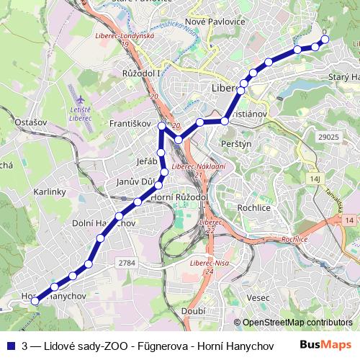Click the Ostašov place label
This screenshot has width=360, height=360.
pos(30,122)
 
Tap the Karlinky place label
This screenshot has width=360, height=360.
pos(49,192)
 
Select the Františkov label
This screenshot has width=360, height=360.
pos(130,124)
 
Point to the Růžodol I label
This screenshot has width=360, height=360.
pos(141,73)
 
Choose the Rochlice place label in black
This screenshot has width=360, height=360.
pos(252,207)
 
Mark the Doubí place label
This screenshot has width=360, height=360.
pos(194,311)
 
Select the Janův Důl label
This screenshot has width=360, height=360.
pos(136,182)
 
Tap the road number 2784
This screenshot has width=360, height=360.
pos(127,264)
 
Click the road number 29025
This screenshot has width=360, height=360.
pos(328,136)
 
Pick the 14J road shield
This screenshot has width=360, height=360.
pos(315,177)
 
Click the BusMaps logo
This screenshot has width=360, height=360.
pos(326,345)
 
